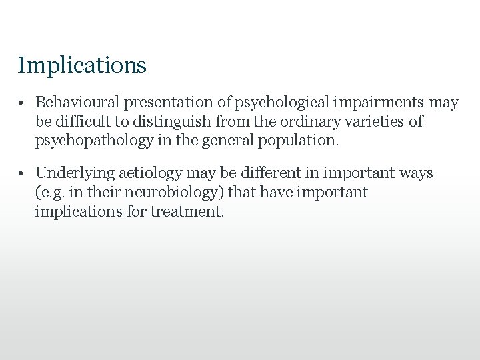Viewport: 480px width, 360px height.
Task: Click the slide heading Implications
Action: (x=82, y=65)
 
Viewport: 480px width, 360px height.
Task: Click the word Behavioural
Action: (x=75, y=103)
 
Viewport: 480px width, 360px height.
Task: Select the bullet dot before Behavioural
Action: (x=22, y=104)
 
